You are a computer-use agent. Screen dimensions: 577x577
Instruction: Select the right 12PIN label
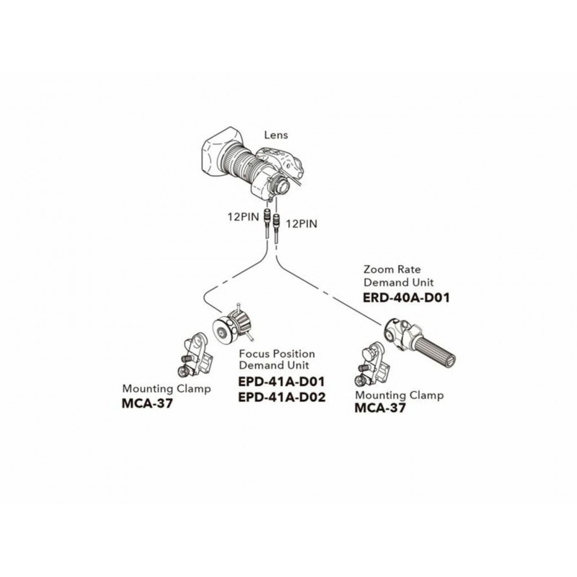(301, 224)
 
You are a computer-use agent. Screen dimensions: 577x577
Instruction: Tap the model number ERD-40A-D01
(407, 296)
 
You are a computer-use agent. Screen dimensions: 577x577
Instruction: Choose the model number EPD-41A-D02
(282, 396)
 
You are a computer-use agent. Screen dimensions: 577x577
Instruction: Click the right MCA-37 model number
(380, 408)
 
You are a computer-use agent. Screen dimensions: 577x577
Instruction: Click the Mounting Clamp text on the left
(167, 389)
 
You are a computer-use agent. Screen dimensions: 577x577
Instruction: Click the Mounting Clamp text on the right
(400, 395)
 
